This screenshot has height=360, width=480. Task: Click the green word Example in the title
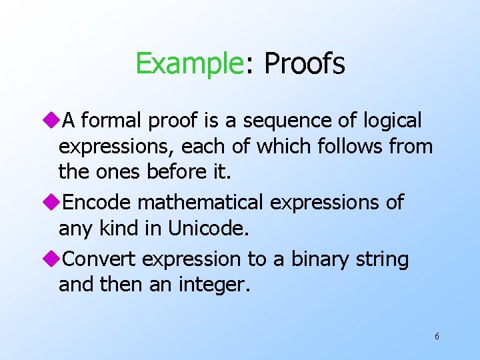click(190, 64)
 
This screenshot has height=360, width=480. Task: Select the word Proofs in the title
click(305, 64)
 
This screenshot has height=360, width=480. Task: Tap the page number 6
click(437, 336)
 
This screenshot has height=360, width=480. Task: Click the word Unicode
click(208, 229)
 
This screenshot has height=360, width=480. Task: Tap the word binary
click(313, 259)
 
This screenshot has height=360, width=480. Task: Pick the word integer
click(213, 285)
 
